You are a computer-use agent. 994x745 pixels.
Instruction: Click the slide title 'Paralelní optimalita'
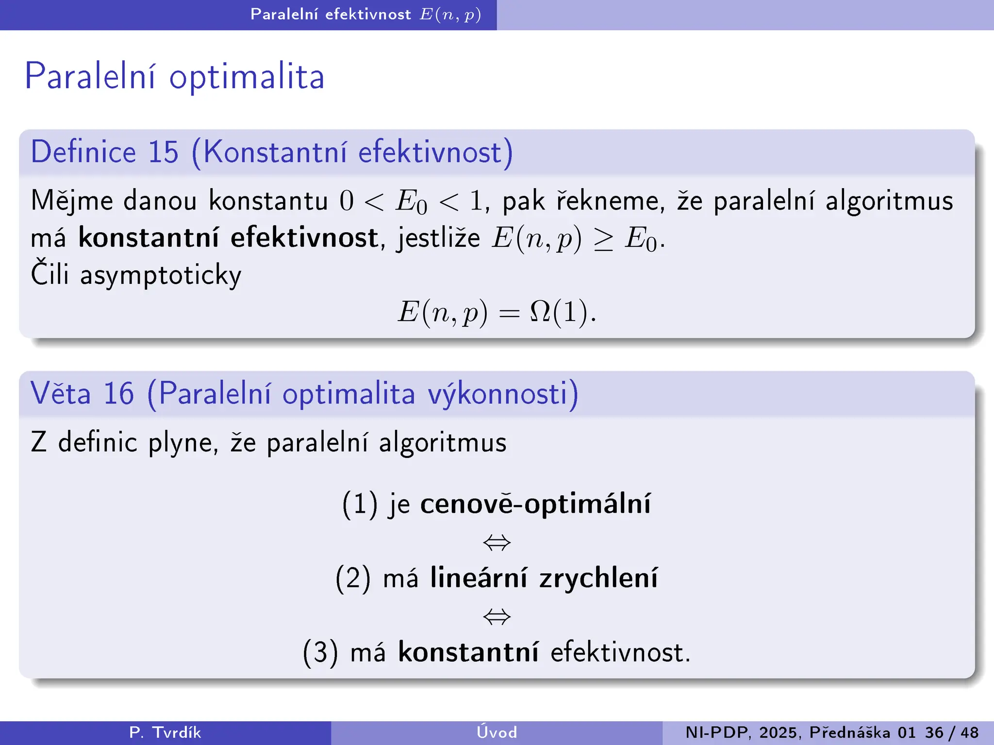pyautogui.click(x=174, y=77)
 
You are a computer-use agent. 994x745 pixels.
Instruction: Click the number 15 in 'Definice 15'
pyautogui.click(x=163, y=152)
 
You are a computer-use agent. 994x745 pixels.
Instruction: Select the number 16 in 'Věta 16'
pyautogui.click(x=118, y=393)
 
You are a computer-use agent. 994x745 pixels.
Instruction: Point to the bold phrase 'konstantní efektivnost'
pyautogui.click(x=228, y=238)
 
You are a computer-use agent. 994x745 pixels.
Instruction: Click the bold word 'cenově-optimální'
pyautogui.click(x=535, y=503)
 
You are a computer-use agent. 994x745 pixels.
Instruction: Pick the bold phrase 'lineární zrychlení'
pyautogui.click(x=544, y=578)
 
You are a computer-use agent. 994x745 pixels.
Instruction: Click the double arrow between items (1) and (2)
pyautogui.click(x=497, y=542)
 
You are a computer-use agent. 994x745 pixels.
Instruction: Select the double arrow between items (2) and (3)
pyautogui.click(x=497, y=617)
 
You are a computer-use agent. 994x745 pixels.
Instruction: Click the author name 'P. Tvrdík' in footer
pyautogui.click(x=165, y=732)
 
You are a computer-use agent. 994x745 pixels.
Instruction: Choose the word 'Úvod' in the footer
pyautogui.click(x=497, y=732)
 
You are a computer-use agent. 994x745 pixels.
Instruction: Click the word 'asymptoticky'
pyautogui.click(x=161, y=275)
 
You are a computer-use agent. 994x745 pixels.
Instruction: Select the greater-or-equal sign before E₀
pyautogui.click(x=603, y=240)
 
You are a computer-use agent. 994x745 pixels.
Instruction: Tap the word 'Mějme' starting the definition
pyautogui.click(x=72, y=201)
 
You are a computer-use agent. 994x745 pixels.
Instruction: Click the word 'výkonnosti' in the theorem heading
pyautogui.click(x=503, y=393)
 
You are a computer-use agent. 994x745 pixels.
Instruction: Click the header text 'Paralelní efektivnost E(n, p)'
pyautogui.click(x=365, y=15)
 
